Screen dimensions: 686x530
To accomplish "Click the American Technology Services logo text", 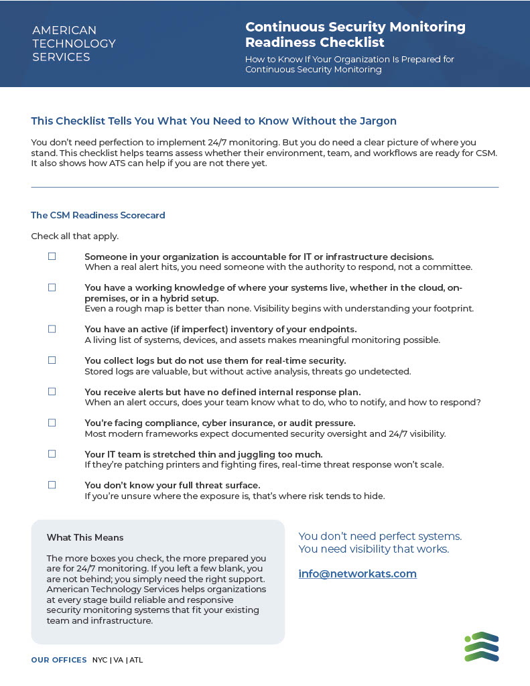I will point(74,44).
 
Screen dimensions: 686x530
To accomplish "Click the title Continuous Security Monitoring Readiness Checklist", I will point(355,35).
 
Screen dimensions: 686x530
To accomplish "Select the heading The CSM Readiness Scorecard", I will point(98,216).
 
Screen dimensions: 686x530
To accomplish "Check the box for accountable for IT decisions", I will point(52,257).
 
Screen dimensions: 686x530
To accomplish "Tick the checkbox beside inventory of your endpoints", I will point(52,329).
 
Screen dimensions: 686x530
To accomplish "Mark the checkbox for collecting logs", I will point(52,360).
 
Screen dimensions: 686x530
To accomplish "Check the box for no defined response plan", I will point(52,391).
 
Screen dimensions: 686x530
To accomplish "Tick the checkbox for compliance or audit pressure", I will point(52,423).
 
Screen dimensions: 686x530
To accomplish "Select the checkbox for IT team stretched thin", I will point(52,454).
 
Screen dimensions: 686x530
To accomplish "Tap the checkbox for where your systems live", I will point(52,287).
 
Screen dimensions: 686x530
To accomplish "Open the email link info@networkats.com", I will point(357,574).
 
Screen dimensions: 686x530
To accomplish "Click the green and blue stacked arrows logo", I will point(482,646).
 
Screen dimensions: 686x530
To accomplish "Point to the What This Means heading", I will point(85,537).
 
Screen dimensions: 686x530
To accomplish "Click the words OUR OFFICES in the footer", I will point(59,660).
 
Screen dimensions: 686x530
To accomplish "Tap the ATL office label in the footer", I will point(136,660).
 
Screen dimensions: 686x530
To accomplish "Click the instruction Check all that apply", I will point(74,236).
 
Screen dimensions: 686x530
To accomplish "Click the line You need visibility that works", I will point(373,549).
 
